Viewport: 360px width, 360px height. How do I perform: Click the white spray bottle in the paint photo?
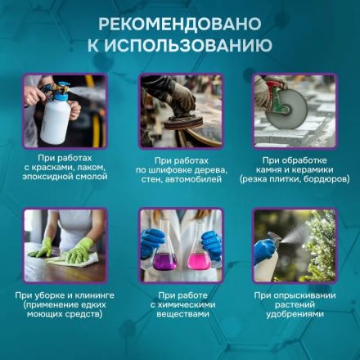56,119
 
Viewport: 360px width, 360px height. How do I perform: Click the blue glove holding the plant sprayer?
263,252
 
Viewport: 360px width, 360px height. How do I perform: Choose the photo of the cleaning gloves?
65,245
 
